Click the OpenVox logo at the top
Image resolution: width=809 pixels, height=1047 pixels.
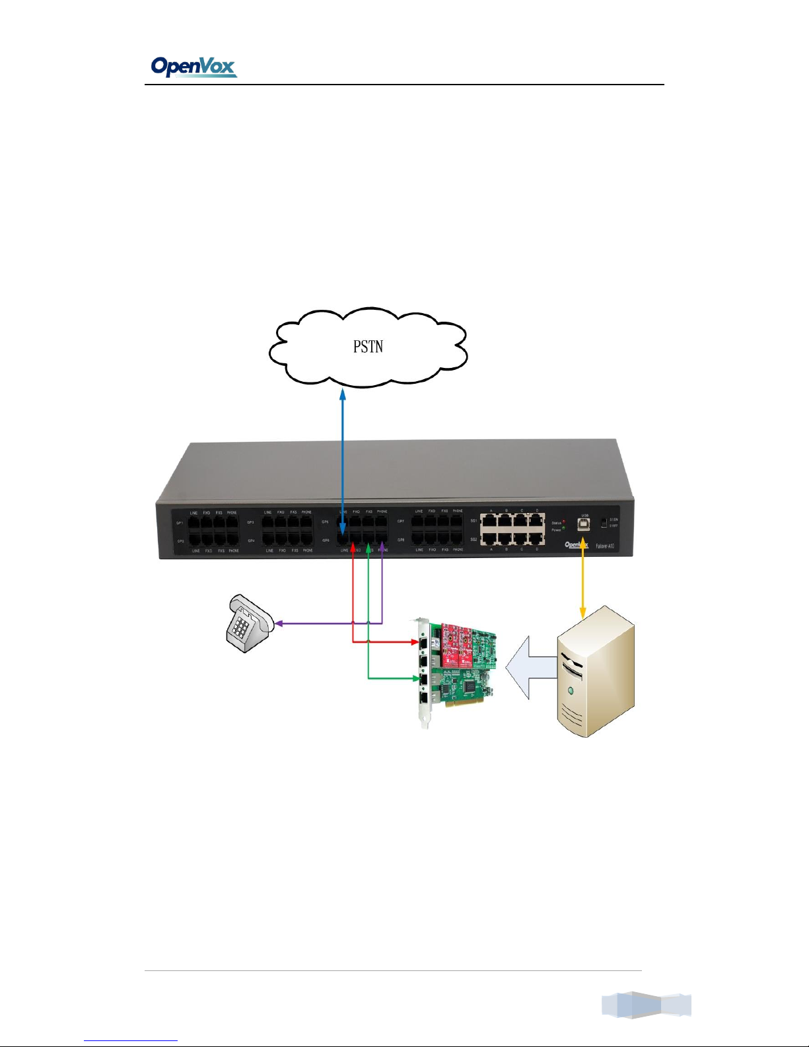(x=193, y=67)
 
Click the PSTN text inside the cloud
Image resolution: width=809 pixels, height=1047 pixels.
(x=368, y=346)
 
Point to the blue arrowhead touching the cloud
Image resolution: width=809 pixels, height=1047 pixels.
(x=342, y=394)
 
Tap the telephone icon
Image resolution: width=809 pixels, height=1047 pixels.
(x=248, y=622)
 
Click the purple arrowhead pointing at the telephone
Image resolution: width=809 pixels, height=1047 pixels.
(x=279, y=623)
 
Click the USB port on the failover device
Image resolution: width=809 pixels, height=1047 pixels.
(x=584, y=524)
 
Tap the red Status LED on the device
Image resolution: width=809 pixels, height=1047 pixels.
(x=563, y=522)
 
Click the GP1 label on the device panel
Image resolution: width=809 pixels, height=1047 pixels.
(x=180, y=523)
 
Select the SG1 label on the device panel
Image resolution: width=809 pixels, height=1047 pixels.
(x=474, y=521)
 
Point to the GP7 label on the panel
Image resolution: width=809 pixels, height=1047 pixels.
(x=401, y=521)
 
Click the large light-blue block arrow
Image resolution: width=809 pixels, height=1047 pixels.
(x=530, y=667)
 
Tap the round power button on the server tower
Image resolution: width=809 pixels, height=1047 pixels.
(x=570, y=690)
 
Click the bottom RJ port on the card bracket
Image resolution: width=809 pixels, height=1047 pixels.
(x=423, y=697)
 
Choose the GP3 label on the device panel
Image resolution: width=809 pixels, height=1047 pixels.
(x=251, y=523)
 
